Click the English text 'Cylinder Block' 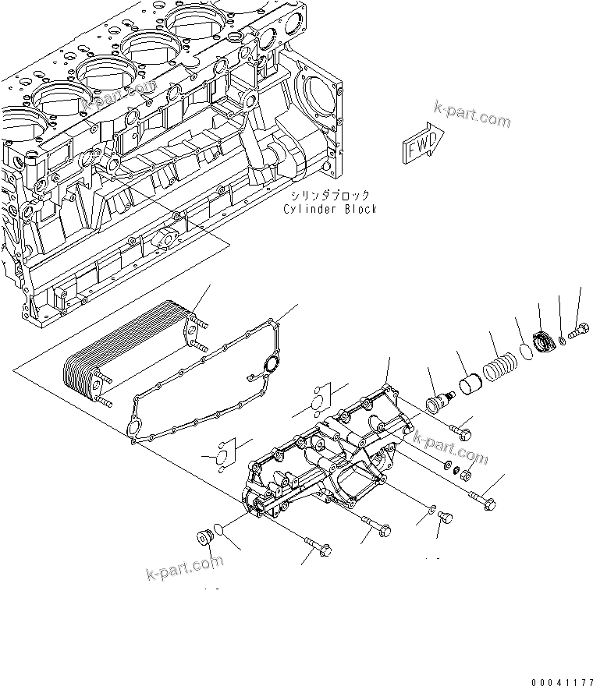[330, 209]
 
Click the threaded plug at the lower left [204, 539]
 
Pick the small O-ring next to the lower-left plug [222, 531]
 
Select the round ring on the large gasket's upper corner [271, 364]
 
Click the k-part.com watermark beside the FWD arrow [473, 118]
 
